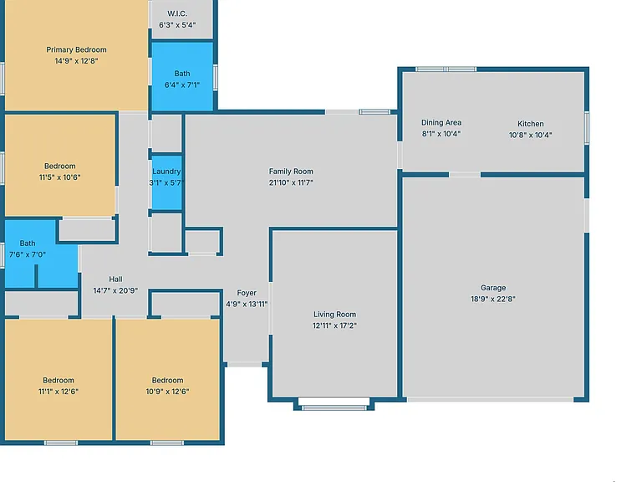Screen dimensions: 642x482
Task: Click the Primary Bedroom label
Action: (x=76, y=49)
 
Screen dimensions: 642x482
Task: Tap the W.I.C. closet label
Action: (x=177, y=13)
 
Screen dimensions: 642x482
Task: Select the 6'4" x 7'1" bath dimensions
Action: (x=182, y=85)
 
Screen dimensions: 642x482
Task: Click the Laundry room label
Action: (x=166, y=172)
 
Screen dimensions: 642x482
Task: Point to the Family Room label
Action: (x=291, y=172)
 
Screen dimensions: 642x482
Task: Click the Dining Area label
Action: (x=441, y=122)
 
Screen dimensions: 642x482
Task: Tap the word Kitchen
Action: (x=531, y=124)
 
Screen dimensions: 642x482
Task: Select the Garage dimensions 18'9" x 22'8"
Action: (x=493, y=299)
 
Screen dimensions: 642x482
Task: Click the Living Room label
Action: (x=334, y=315)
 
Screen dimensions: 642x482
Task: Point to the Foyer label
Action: (x=247, y=293)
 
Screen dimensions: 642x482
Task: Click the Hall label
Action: (x=115, y=279)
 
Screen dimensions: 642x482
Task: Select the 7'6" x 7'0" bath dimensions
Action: (x=28, y=254)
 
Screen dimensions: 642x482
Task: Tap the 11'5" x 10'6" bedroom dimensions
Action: (x=60, y=177)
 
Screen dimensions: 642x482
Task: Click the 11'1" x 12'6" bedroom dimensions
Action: (x=59, y=392)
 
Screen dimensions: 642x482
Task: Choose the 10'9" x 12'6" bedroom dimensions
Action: (x=167, y=392)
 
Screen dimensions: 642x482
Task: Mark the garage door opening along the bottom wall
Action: (x=490, y=399)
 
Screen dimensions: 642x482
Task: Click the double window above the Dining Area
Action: (x=446, y=69)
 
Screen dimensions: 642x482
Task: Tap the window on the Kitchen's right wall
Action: (x=587, y=128)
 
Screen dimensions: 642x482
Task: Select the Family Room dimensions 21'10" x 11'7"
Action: (x=291, y=182)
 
